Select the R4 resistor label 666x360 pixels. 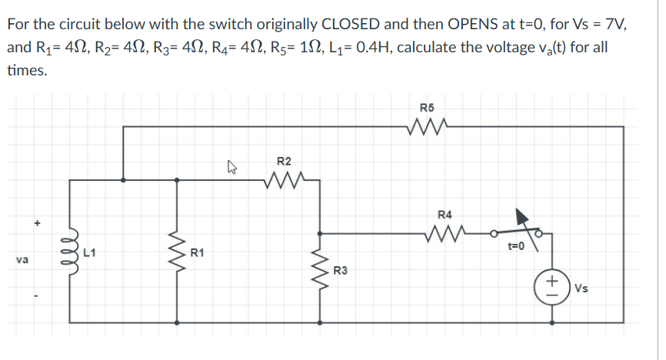445,214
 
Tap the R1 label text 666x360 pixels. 198,252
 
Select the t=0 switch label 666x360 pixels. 515,247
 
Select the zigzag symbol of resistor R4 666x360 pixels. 445,232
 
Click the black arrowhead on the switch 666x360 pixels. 524,218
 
